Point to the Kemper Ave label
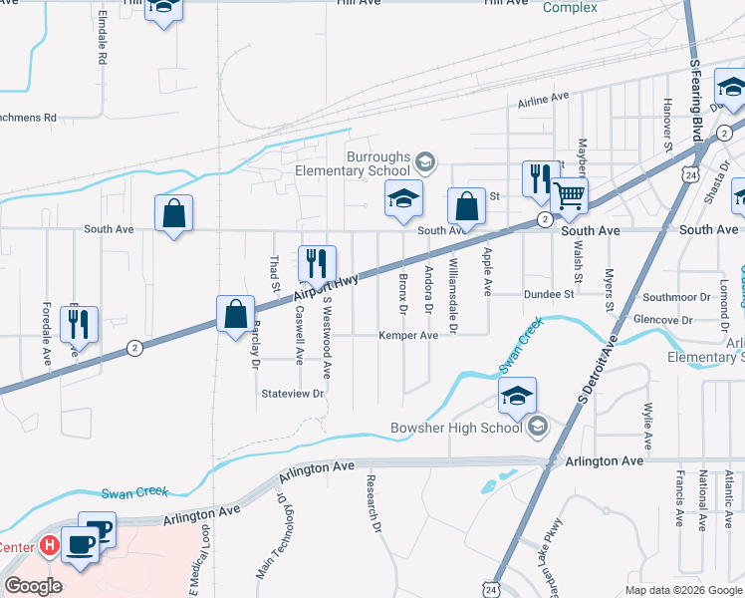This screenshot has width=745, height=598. [407, 336]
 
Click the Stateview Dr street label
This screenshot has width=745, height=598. [293, 394]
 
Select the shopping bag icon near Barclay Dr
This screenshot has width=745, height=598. [234, 314]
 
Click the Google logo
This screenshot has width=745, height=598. [33, 586]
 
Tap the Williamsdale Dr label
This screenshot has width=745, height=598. [453, 296]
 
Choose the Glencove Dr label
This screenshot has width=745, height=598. [667, 320]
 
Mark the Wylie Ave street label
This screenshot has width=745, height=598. [647, 425]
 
